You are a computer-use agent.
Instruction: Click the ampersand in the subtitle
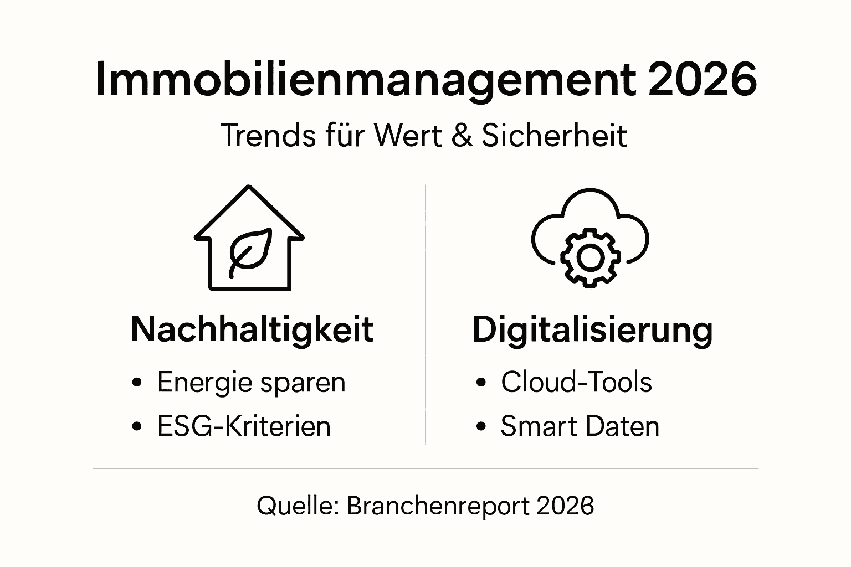[463, 136]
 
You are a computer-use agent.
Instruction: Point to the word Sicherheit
[554, 136]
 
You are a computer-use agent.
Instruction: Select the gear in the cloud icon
[589, 256]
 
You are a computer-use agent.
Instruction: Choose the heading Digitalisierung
[592, 330]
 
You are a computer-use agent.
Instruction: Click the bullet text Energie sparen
[251, 382]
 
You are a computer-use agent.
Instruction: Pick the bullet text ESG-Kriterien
[244, 426]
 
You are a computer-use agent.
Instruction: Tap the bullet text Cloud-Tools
[576, 382]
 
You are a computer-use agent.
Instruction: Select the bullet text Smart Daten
[580, 426]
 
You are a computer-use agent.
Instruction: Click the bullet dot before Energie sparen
[137, 382]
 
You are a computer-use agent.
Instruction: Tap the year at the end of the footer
[565, 506]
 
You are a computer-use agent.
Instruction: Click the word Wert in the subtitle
[407, 136]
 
